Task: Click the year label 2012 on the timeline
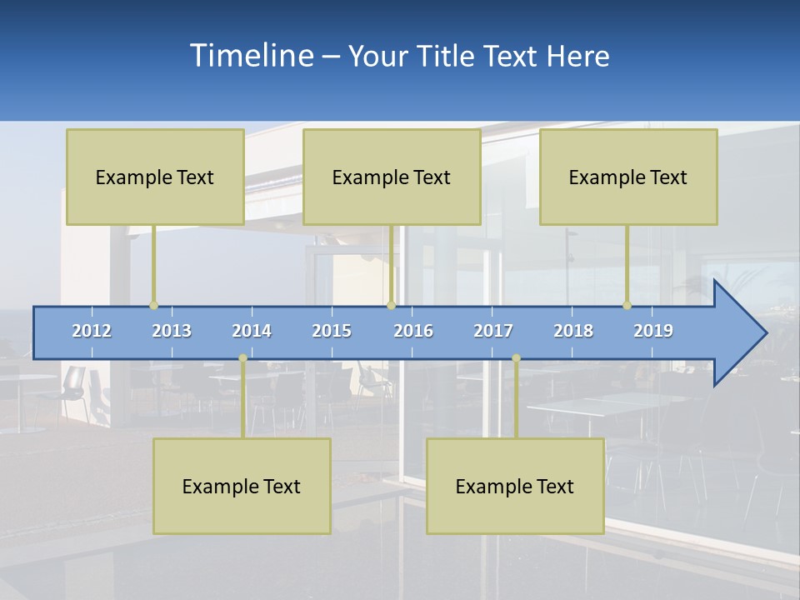[92, 331]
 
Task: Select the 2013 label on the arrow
[172, 331]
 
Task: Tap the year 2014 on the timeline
[252, 331]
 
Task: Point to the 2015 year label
[332, 331]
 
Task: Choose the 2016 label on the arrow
[413, 331]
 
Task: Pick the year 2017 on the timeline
[493, 331]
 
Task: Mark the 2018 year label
[573, 331]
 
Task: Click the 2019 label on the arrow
[653, 331]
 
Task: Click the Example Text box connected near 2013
[155, 177]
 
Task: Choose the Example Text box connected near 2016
[392, 177]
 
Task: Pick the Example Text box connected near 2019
[628, 177]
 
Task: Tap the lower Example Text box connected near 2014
[242, 486]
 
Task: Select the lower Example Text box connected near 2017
[515, 486]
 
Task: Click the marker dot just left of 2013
[153, 305]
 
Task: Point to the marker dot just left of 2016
[391, 305]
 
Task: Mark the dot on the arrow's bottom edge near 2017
[516, 358]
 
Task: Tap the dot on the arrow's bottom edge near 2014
[242, 358]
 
